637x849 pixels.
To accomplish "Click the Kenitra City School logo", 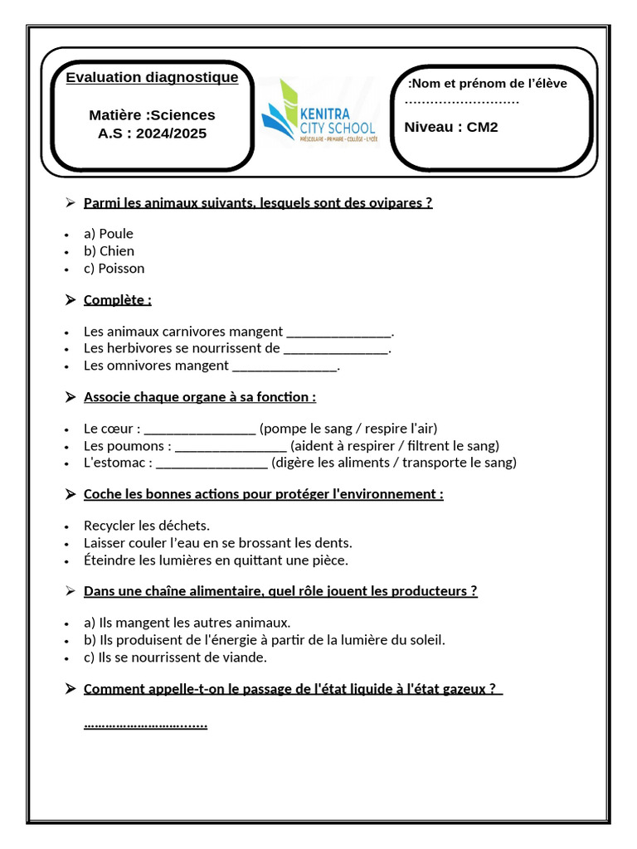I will click(318, 113).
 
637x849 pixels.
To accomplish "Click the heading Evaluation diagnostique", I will click(152, 78).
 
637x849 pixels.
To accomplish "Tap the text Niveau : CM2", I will click(451, 127).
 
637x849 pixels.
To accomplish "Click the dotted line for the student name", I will click(462, 102).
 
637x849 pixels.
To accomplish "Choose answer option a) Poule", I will click(108, 234).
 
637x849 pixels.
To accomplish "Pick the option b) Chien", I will click(109, 251).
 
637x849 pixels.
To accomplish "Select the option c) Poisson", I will click(114, 269).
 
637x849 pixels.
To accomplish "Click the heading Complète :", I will click(118, 300).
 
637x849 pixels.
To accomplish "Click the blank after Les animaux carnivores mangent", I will click(338, 333).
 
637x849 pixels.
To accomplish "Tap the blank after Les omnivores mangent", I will click(285, 366).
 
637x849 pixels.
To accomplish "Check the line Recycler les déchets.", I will click(147, 526).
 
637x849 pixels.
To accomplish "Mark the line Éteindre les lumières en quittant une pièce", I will click(216, 560).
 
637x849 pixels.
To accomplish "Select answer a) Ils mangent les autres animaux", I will click(187, 623).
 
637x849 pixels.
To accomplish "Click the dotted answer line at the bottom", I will click(146, 725).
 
